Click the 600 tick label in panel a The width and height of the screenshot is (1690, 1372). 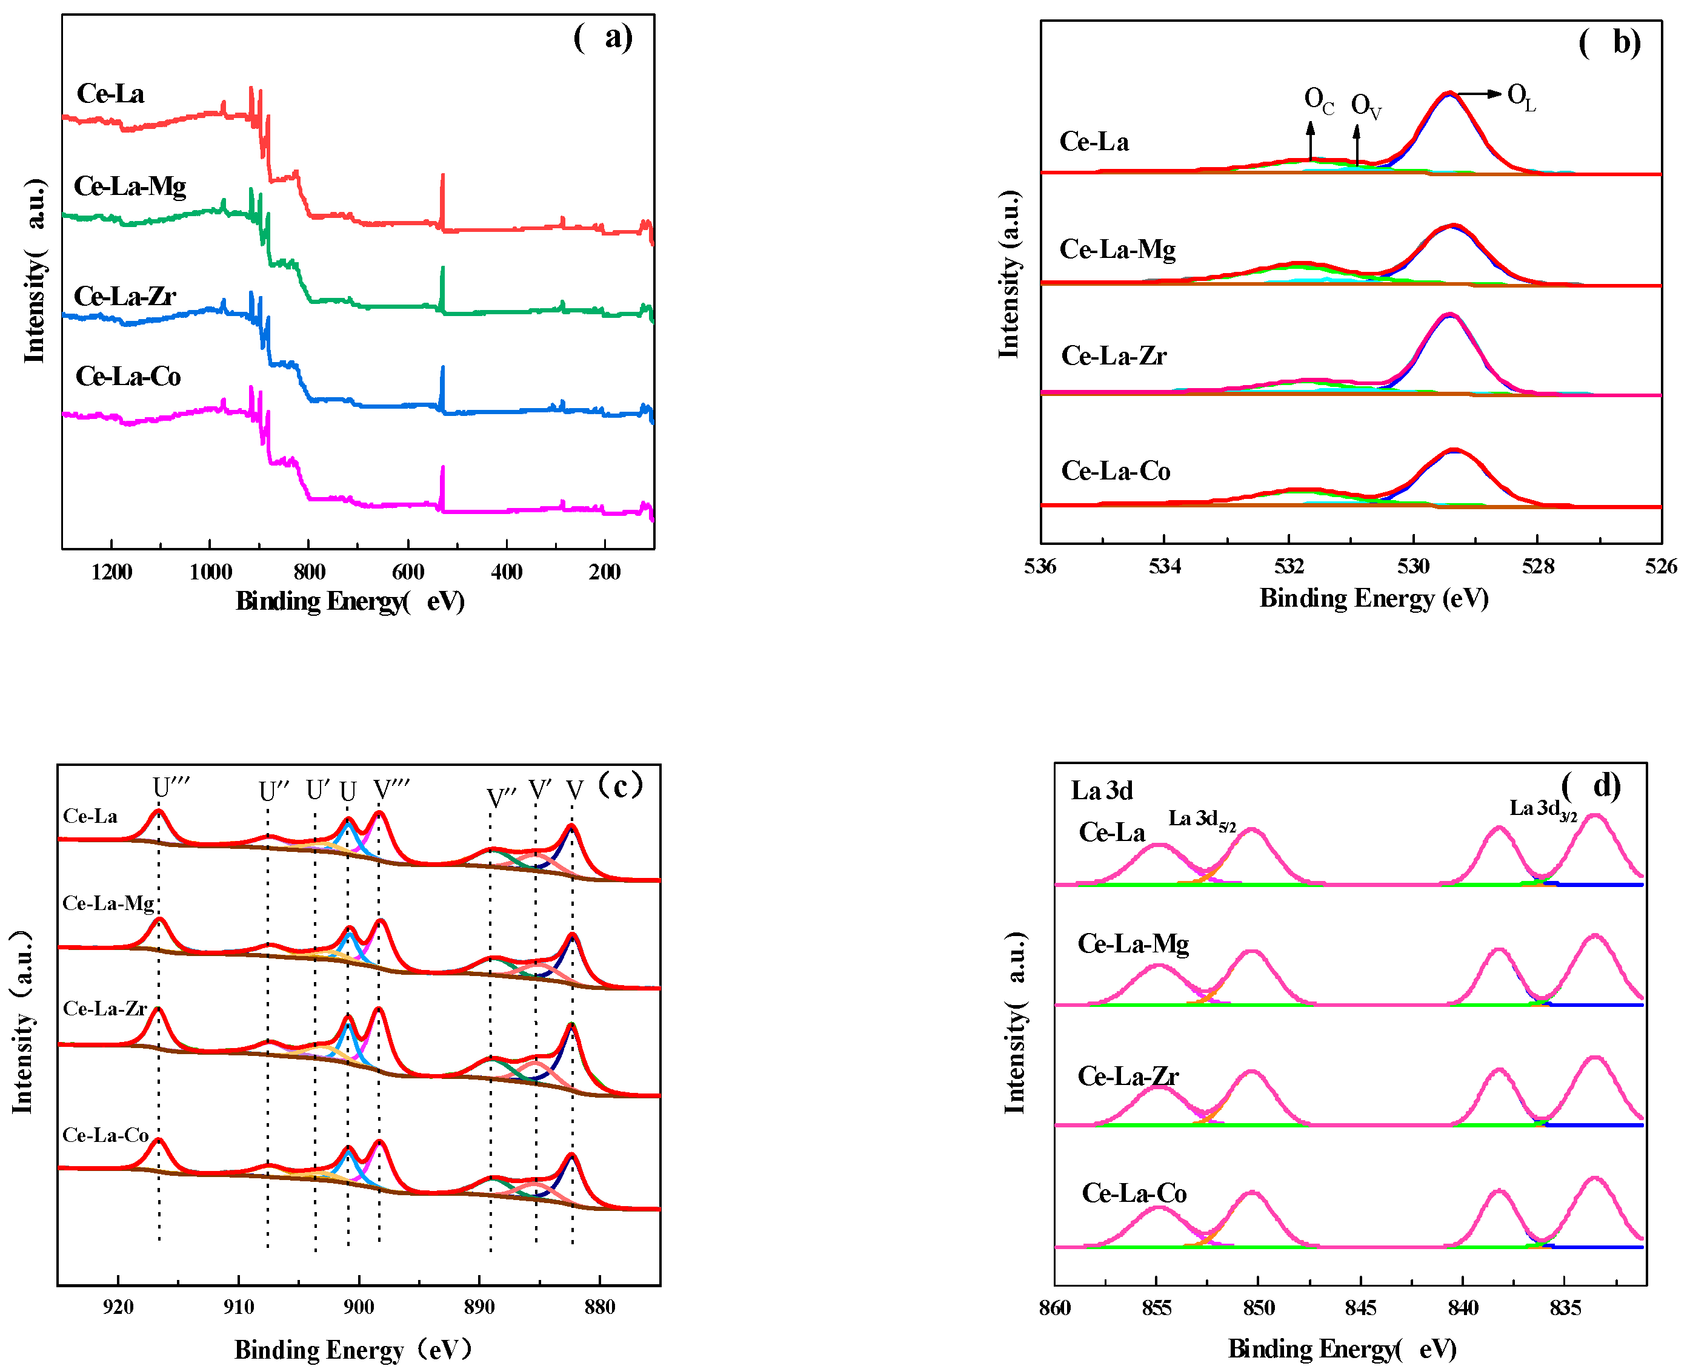(408, 572)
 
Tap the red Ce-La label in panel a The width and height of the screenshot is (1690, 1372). (111, 94)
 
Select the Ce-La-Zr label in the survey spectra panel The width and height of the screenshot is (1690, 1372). (125, 296)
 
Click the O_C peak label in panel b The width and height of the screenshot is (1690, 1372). (1319, 101)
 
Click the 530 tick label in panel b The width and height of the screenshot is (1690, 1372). (1412, 567)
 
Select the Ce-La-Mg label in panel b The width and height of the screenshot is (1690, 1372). (1117, 249)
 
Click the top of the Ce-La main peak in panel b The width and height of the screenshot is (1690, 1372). (1449, 94)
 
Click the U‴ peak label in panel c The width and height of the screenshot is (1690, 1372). (171, 788)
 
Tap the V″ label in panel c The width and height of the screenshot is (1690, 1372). (501, 797)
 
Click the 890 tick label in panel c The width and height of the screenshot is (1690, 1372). (479, 1307)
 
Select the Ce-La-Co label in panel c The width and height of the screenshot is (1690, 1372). (105, 1136)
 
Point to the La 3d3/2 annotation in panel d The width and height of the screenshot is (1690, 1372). (1543, 810)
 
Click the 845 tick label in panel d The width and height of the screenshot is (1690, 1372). (1360, 1308)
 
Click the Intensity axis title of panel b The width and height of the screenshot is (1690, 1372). (1009, 274)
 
